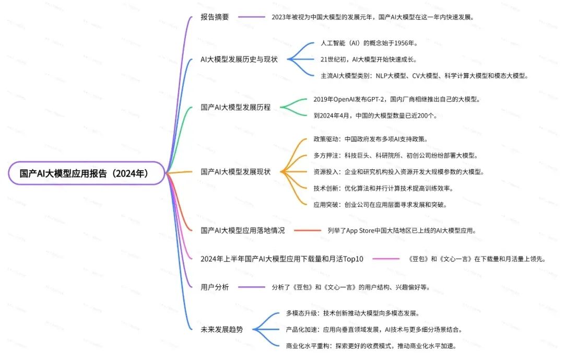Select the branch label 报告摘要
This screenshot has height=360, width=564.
[215, 17]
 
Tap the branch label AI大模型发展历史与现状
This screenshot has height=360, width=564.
[239, 59]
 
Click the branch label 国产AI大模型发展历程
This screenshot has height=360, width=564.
[236, 107]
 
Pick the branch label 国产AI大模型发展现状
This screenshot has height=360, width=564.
[236, 171]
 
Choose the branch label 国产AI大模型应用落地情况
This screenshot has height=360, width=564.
[243, 230]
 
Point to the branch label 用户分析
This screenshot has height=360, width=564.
[215, 286]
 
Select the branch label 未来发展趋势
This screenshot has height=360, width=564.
[221, 329]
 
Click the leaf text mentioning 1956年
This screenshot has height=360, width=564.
[369, 43]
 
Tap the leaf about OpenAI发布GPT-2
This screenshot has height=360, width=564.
[396, 99]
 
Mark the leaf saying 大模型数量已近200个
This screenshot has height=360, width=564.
[375, 115]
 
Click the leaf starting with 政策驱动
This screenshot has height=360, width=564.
[370, 139]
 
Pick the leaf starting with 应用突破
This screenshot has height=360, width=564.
[380, 204]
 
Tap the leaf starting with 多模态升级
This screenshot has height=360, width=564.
[352, 313]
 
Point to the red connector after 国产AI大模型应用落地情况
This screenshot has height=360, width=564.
[308, 230]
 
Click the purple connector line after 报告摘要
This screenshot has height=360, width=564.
[252, 17]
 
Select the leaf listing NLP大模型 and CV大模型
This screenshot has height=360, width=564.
[425, 75]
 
